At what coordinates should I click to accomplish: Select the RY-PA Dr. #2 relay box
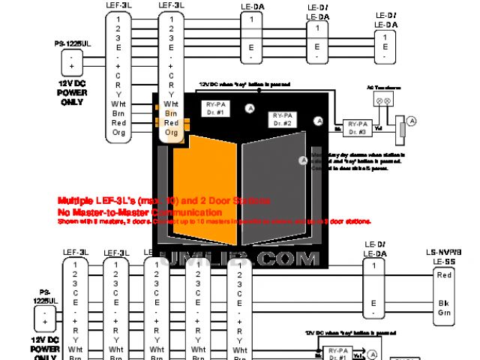(284, 118)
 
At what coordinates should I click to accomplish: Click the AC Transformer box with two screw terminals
(384, 99)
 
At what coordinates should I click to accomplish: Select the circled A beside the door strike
(411, 121)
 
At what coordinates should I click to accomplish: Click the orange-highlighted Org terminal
(171, 132)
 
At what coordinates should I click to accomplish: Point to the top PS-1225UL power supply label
(72, 45)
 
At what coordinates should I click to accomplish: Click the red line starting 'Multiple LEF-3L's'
(164, 202)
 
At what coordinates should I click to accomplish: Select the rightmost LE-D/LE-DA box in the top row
(385, 41)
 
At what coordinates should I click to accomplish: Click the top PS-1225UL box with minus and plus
(72, 61)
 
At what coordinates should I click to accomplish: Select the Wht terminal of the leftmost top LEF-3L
(118, 103)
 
